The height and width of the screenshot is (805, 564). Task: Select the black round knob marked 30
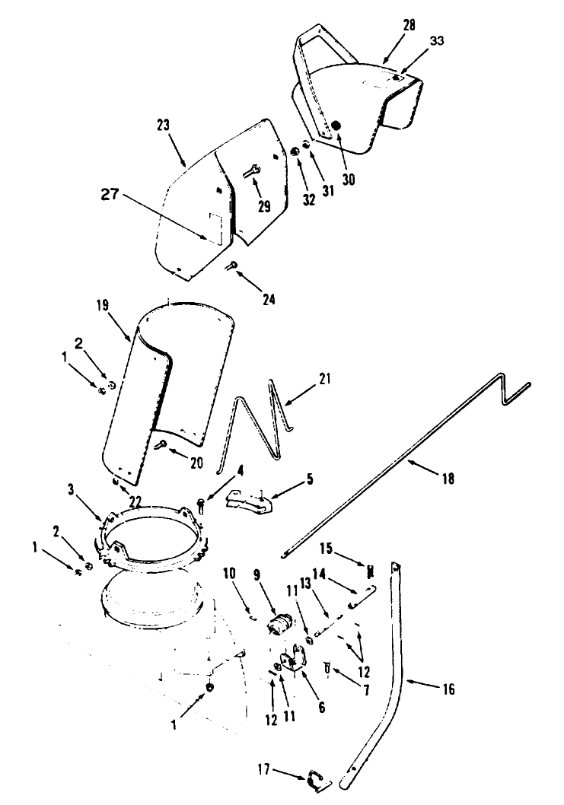click(336, 125)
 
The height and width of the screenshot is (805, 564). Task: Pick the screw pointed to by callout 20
click(161, 446)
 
